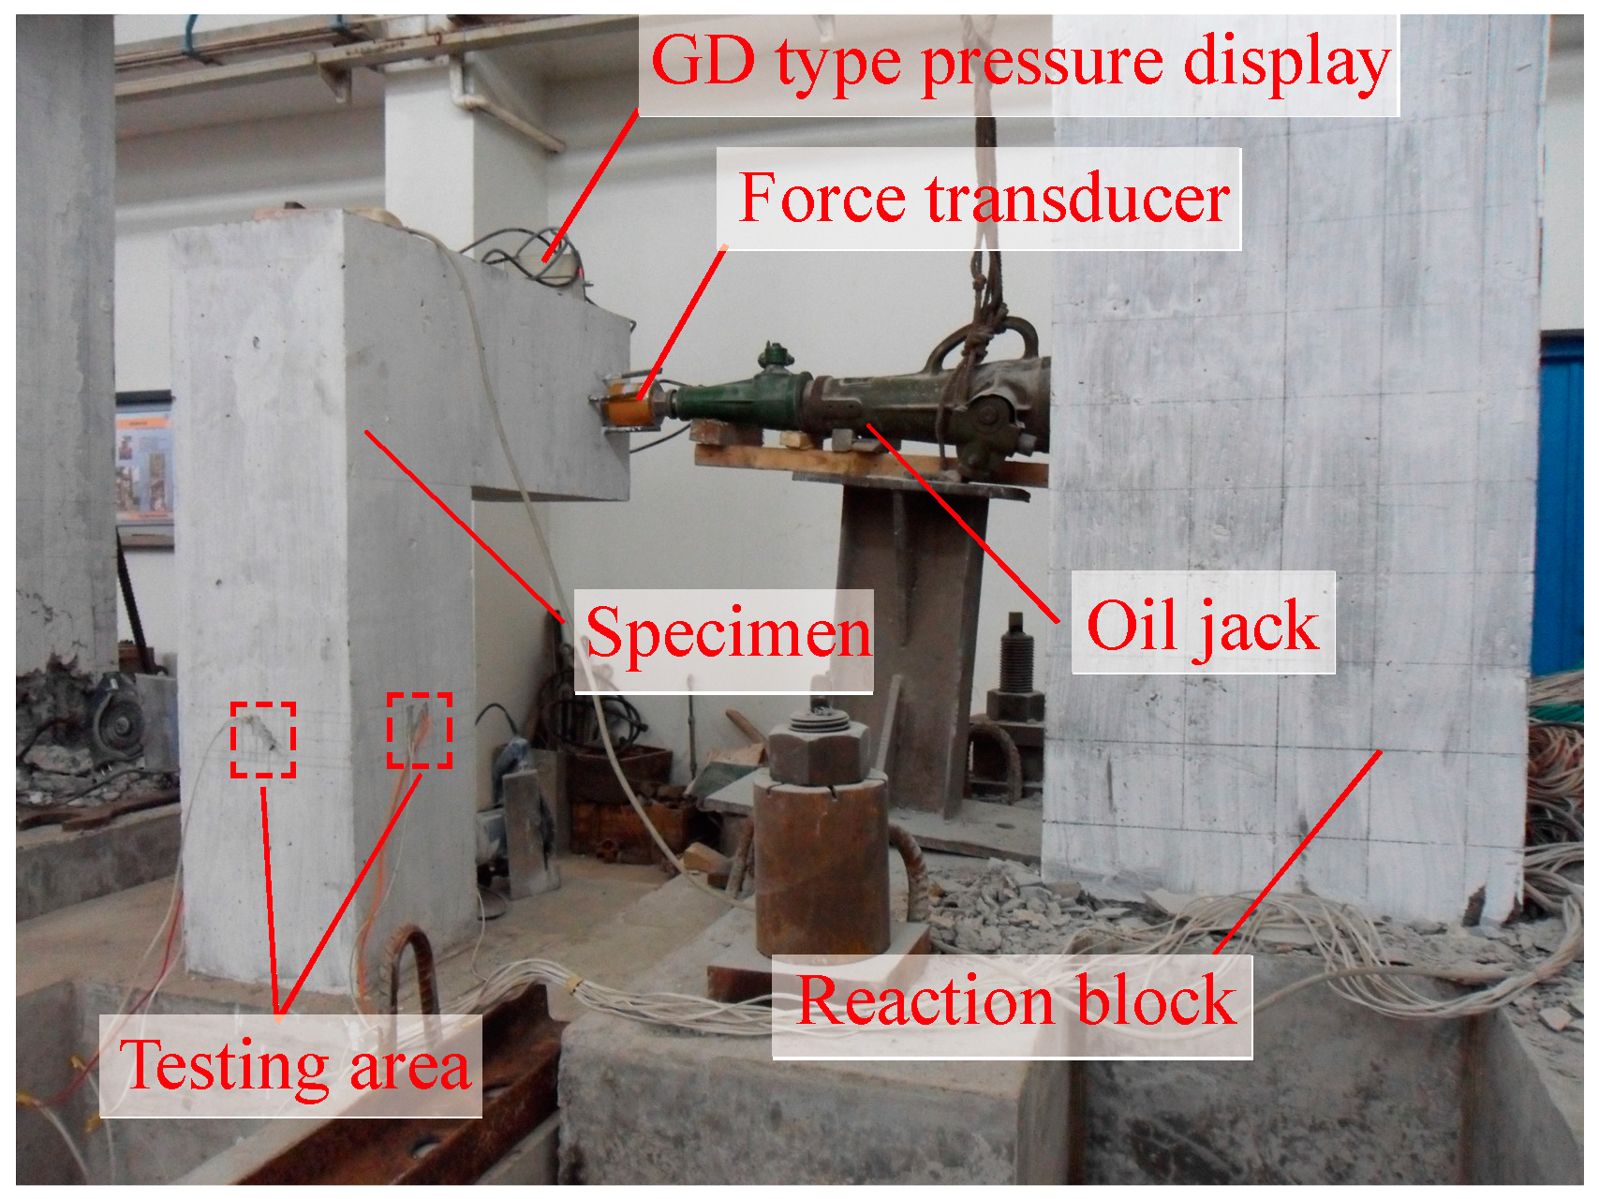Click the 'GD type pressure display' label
(x=1019, y=64)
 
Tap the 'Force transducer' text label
(x=984, y=199)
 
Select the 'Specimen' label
(x=727, y=634)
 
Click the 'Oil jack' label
(x=1203, y=625)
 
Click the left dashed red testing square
(x=263, y=739)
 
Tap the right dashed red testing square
(x=420, y=731)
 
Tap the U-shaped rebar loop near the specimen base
(x=414, y=974)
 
